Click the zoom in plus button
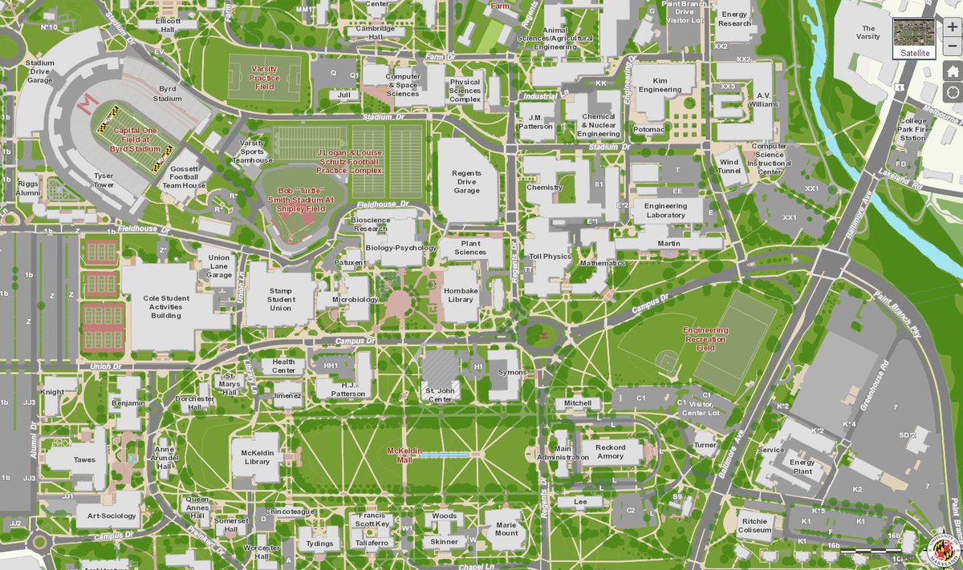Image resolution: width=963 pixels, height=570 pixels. pyautogui.click(x=952, y=26)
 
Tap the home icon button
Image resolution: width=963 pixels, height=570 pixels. pyautogui.click(x=952, y=71)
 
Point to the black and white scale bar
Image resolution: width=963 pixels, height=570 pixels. pyautogui.click(x=877, y=551)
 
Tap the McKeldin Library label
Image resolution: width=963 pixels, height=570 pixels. pyautogui.click(x=257, y=456)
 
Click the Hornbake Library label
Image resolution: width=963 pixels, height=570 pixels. pyautogui.click(x=461, y=294)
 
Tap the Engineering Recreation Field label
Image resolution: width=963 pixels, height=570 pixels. pyautogui.click(x=705, y=339)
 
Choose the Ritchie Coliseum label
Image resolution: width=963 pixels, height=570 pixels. pyautogui.click(x=755, y=525)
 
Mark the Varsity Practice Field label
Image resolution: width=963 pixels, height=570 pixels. pyautogui.click(x=264, y=78)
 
